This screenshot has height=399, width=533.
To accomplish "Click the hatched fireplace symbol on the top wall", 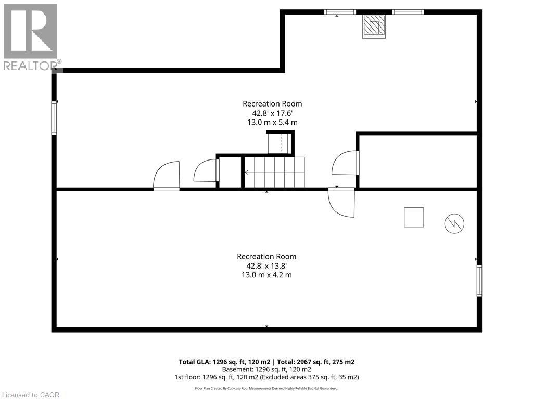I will coord(374,25).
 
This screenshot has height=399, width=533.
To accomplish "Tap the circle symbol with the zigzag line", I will coord(454,223).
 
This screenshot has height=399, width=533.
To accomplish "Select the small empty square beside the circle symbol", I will coord(414,217).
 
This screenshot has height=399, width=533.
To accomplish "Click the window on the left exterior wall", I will coord(54,118).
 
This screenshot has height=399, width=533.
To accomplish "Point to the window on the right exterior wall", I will coord(479,281).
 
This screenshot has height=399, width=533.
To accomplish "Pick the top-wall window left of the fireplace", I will coord(340,12).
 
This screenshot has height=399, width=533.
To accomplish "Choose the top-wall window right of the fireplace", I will coord(408,12).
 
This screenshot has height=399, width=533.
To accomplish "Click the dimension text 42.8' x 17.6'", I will coord(272,113).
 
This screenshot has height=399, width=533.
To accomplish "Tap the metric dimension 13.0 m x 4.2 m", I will coord(266,275).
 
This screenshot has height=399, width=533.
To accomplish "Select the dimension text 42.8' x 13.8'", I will coord(266,265).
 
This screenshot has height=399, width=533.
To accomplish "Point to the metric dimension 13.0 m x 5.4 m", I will coord(272,122).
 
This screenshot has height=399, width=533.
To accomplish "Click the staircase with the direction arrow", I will coord(275,172).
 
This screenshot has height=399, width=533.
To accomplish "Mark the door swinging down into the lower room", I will coord(342,202).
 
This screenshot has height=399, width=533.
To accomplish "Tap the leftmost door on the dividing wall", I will coord(167,177).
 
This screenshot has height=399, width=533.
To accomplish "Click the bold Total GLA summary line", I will coord(266,362).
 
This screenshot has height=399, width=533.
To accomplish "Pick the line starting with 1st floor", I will coord(266,377).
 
